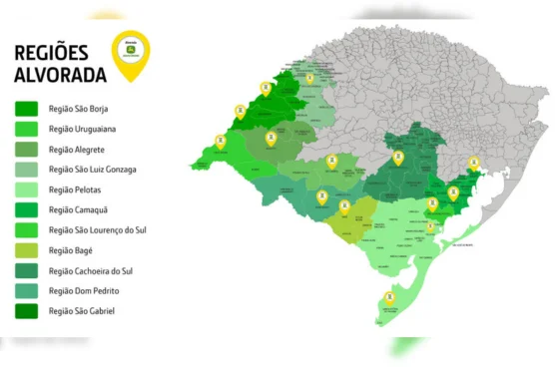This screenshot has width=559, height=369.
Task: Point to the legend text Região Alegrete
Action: pyautogui.click(x=76, y=149)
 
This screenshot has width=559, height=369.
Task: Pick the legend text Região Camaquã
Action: pyautogui.click(x=77, y=209)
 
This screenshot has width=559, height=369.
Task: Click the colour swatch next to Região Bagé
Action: pyautogui.click(x=27, y=250)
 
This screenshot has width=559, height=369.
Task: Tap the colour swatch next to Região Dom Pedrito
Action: pyautogui.click(x=27, y=290)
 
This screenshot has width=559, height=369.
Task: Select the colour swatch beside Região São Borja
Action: pyautogui.click(x=27, y=109)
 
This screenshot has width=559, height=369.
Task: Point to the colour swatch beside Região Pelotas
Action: pyautogui.click(x=27, y=189)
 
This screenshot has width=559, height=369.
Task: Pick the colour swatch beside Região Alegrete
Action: pyautogui.click(x=27, y=149)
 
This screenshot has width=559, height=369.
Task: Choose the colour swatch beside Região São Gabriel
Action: pyautogui.click(x=27, y=310)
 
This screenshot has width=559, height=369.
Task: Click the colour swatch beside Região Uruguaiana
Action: pyautogui.click(x=27, y=129)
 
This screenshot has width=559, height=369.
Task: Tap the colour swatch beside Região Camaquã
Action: pyautogui.click(x=27, y=209)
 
